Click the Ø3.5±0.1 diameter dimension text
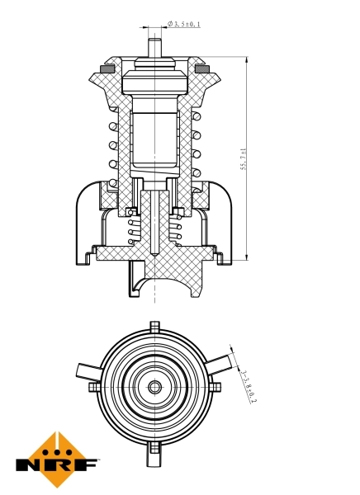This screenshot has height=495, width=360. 184,25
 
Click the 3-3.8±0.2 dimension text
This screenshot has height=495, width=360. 248,385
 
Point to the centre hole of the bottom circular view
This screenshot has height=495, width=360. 154,386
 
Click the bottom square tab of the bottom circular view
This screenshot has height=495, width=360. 154,448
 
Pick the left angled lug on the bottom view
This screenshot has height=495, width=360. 87,370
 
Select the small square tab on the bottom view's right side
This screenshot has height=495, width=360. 215,386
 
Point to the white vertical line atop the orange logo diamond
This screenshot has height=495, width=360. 57,438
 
